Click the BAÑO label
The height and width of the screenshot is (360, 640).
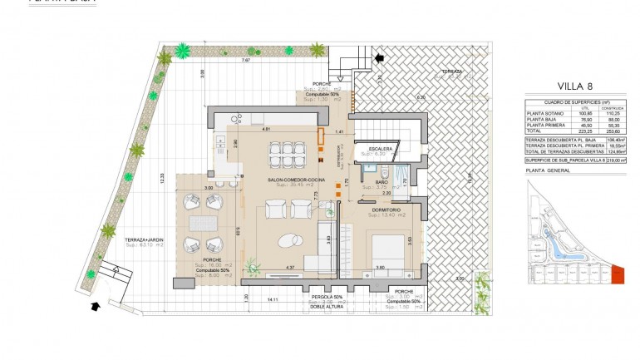point(382,181)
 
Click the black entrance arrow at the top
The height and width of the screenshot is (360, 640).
point(380,57)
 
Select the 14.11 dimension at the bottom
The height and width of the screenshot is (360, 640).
point(272,298)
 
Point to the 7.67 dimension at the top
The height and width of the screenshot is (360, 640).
point(244,61)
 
